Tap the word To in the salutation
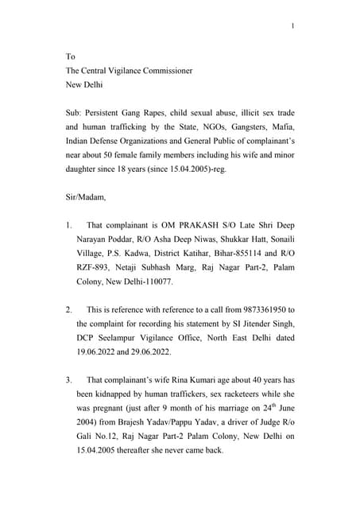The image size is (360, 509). coord(70,56)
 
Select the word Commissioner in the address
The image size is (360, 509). coord(184,70)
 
